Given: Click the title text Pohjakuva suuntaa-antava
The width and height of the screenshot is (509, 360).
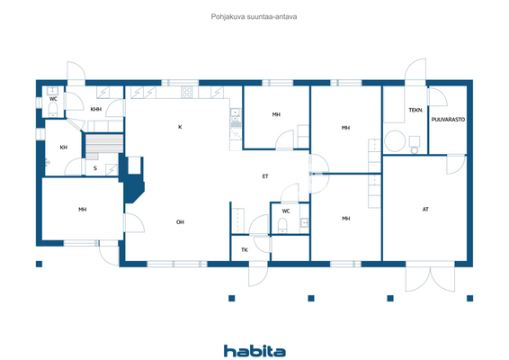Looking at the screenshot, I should [x=254, y=16].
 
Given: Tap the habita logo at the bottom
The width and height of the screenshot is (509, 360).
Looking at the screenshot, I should [x=254, y=350].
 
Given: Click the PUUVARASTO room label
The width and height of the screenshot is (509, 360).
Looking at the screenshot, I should [x=447, y=119].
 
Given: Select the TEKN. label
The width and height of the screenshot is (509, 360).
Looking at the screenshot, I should [x=415, y=110].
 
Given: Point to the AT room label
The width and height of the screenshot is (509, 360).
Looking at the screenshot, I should [x=425, y=209].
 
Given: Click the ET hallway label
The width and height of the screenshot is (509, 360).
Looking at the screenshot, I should [x=265, y=176].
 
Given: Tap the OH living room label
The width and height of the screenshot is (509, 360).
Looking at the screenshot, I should [x=180, y=221].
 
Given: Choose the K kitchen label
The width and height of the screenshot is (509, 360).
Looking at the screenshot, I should [x=180, y=127].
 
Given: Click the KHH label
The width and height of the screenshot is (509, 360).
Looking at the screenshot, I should [x=95, y=110].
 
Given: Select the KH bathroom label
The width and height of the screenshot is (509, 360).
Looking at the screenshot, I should [x=64, y=147].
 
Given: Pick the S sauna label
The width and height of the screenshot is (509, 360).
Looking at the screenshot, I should [x=94, y=167].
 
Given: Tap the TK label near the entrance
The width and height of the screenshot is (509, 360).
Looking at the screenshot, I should [x=244, y=250].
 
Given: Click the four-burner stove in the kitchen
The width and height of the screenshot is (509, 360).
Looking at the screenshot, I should [x=188, y=91].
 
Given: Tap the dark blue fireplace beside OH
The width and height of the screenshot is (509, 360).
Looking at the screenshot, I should [x=134, y=184].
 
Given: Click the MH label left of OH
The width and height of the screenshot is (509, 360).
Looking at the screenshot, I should [x=82, y=210].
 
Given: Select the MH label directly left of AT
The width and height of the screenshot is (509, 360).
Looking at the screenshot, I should [x=345, y=219].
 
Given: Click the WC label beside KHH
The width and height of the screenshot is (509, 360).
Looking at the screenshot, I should [x=53, y=99].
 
